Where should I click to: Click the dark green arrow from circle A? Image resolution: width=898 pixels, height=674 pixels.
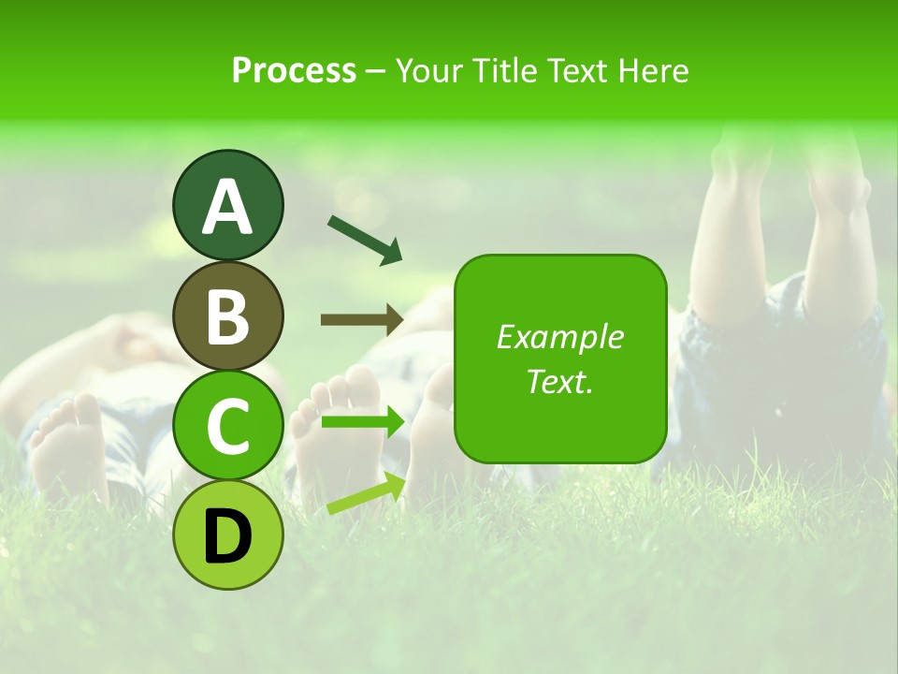tap(365, 240)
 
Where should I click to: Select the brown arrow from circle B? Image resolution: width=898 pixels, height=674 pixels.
tap(362, 320)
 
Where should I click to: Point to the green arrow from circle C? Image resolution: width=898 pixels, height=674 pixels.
tap(362, 422)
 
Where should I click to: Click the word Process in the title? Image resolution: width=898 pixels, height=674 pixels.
tap(294, 70)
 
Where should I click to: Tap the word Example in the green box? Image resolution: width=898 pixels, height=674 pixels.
tap(559, 337)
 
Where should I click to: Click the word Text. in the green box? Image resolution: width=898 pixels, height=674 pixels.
tap(559, 381)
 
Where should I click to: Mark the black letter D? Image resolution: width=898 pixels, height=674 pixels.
tap(228, 535)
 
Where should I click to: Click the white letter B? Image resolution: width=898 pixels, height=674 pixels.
tap(228, 316)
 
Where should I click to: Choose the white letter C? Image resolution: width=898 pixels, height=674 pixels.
tap(228, 426)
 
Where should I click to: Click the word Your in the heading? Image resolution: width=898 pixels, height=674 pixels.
tap(426, 70)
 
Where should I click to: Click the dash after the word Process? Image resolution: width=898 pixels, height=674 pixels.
tap(375, 71)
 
